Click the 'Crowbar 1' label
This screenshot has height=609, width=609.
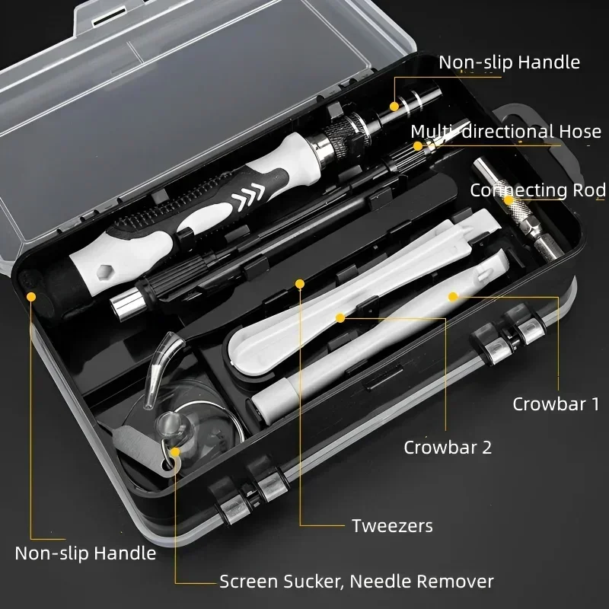click(x=555, y=403)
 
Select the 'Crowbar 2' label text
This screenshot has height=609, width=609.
click(x=448, y=446)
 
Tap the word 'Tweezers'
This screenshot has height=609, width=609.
click(x=392, y=525)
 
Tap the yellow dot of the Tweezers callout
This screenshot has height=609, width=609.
click(x=300, y=284)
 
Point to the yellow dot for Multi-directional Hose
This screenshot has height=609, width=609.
click(x=417, y=145)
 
